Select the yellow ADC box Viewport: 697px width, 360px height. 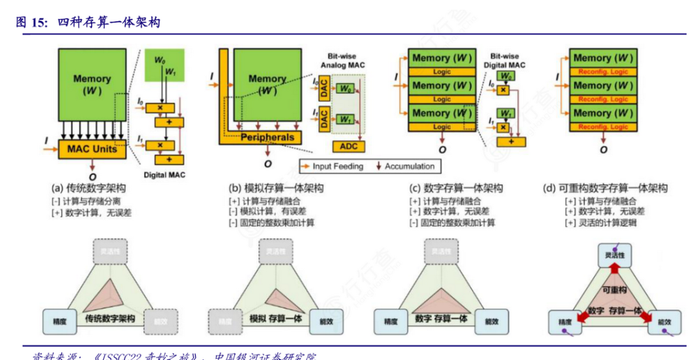(x=349, y=146)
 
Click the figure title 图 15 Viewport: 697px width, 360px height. (x=32, y=23)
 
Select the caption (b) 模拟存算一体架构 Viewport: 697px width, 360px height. (x=276, y=188)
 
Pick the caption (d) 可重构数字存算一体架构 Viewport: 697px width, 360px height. (x=606, y=188)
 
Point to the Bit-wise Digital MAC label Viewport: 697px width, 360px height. (x=507, y=61)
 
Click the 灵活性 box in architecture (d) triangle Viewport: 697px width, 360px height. (x=614, y=255)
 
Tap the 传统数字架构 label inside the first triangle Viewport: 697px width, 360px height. (x=109, y=319)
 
